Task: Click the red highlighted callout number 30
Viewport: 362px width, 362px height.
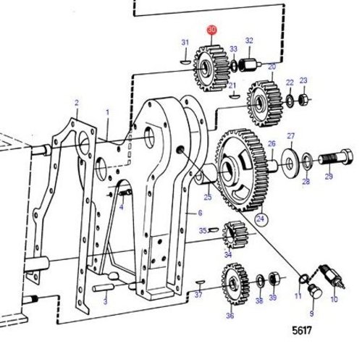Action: pos(211,30)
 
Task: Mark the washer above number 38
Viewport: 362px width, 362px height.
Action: pos(259,279)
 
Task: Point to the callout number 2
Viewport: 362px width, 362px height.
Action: pos(77,103)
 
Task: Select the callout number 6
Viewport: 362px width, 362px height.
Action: pos(200,214)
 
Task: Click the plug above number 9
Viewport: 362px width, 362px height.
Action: pos(314,292)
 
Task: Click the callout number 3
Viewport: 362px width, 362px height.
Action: pos(105,300)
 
